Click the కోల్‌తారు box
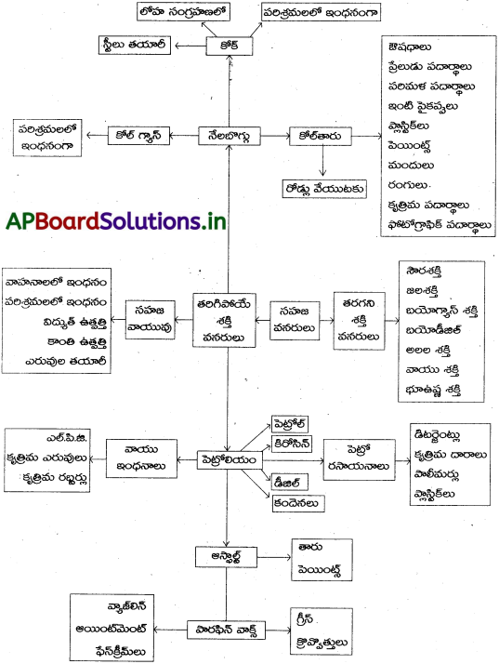pyautogui.click(x=318, y=134)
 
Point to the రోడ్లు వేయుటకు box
pyautogui.click(x=323, y=187)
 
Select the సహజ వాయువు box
pyautogui.click(x=149, y=316)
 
